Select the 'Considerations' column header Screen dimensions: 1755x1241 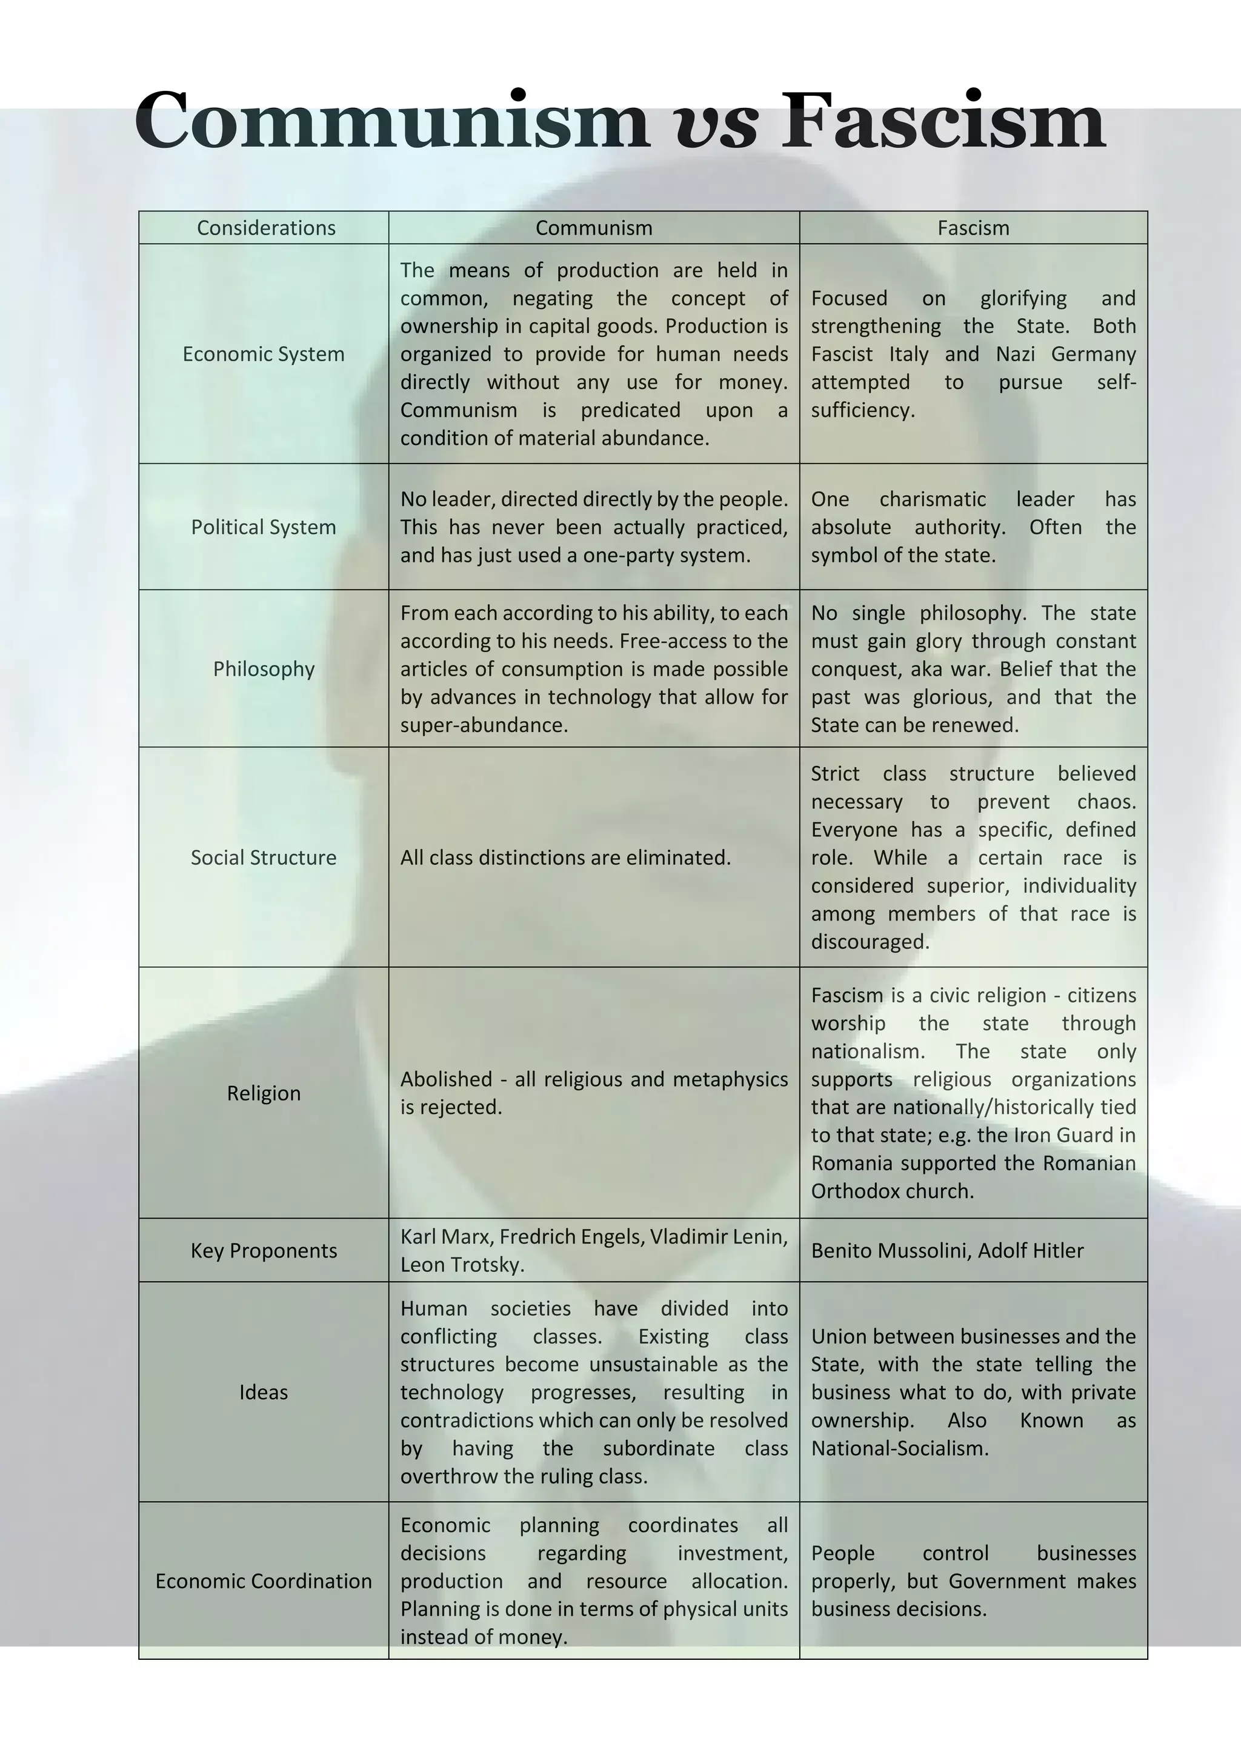[266, 228]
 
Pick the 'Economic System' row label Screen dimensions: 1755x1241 [264, 354]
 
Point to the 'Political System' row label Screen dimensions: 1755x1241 [264, 527]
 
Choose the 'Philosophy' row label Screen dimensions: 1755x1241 [264, 669]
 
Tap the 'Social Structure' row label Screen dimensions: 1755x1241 [264, 858]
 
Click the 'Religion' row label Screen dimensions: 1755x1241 [264, 1093]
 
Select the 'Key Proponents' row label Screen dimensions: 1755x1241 [264, 1251]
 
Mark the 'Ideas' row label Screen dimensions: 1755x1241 [264, 1392]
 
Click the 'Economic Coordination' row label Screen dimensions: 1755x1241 [264, 1580]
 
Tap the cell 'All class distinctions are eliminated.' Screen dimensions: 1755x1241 [565, 858]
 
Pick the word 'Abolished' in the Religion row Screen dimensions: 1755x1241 [445, 1079]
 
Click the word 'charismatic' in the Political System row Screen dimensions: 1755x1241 [933, 499]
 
